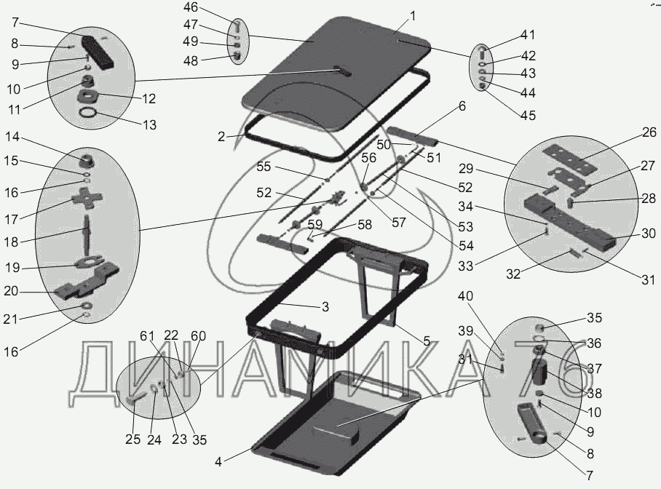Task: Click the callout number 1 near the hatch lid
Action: pyautogui.click(x=413, y=15)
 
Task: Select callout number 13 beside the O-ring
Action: pyautogui.click(x=149, y=124)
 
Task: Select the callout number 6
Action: pyautogui.click(x=462, y=106)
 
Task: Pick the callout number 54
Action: pyautogui.click(x=465, y=245)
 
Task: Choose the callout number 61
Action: pyautogui.click(x=148, y=335)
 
